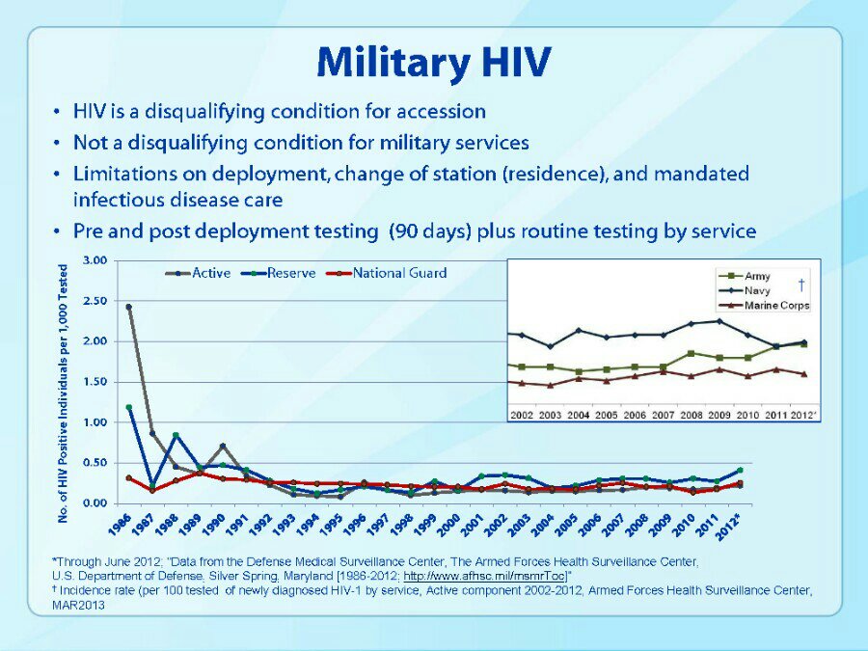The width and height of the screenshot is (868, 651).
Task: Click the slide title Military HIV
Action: click(x=434, y=62)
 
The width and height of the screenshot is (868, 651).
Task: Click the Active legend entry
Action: click(x=198, y=274)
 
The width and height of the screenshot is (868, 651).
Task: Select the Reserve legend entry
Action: click(x=279, y=274)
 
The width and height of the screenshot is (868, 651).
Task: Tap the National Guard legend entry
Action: click(x=387, y=274)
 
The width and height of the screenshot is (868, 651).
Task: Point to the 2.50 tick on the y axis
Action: click(x=95, y=301)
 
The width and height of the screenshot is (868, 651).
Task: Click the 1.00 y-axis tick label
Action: click(x=95, y=422)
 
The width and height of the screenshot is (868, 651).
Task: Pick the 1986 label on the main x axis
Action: click(x=121, y=525)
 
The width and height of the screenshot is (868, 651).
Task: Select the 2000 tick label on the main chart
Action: click(x=448, y=525)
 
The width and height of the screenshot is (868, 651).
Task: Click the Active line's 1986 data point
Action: click(x=128, y=307)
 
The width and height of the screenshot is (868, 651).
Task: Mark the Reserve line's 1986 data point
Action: click(x=129, y=407)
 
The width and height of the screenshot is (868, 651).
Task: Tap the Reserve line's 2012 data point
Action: click(x=740, y=470)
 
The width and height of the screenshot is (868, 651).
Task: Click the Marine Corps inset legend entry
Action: click(x=764, y=306)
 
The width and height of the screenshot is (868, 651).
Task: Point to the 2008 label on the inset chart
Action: click(x=691, y=415)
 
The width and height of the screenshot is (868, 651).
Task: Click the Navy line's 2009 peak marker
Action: click(x=719, y=321)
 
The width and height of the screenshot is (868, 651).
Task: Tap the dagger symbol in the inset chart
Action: click(x=801, y=285)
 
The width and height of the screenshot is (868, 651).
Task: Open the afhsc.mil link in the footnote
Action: click(x=485, y=577)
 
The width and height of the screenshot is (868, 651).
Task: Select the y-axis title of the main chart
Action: click(x=63, y=393)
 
